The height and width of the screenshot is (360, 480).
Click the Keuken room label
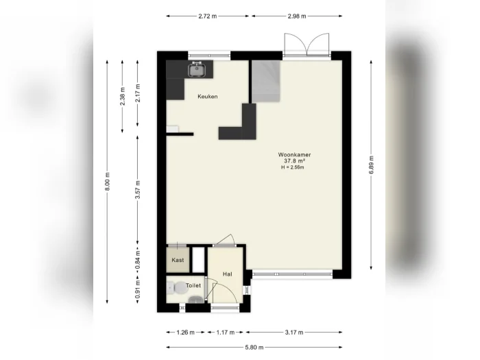coord(208,97)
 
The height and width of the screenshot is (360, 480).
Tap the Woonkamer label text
coord(294,154)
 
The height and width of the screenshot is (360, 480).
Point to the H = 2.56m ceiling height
coord(293,167)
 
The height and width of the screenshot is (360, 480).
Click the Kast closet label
coord(178,260)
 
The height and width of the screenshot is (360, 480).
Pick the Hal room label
coord(227,274)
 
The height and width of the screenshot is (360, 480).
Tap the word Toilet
coord(193,285)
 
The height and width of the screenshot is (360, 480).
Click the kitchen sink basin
coord(196,70)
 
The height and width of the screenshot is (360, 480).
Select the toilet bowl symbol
coord(180,288)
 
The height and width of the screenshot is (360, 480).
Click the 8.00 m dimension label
coord(108,182)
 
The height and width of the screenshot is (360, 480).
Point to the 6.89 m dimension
coord(372,165)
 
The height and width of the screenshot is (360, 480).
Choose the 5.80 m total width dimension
coord(254,347)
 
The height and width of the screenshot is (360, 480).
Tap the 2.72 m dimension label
coord(208,16)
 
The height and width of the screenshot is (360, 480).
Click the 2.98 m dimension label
coord(297,16)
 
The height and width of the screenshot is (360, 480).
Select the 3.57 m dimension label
coord(138,190)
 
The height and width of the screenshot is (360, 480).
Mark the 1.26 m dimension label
coord(186,332)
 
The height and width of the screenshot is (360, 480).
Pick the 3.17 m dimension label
coord(294,332)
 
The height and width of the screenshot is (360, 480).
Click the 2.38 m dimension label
coord(123,96)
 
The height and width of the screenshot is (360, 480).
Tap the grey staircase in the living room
coord(266,81)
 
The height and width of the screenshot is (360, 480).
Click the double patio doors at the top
coord(307,45)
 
